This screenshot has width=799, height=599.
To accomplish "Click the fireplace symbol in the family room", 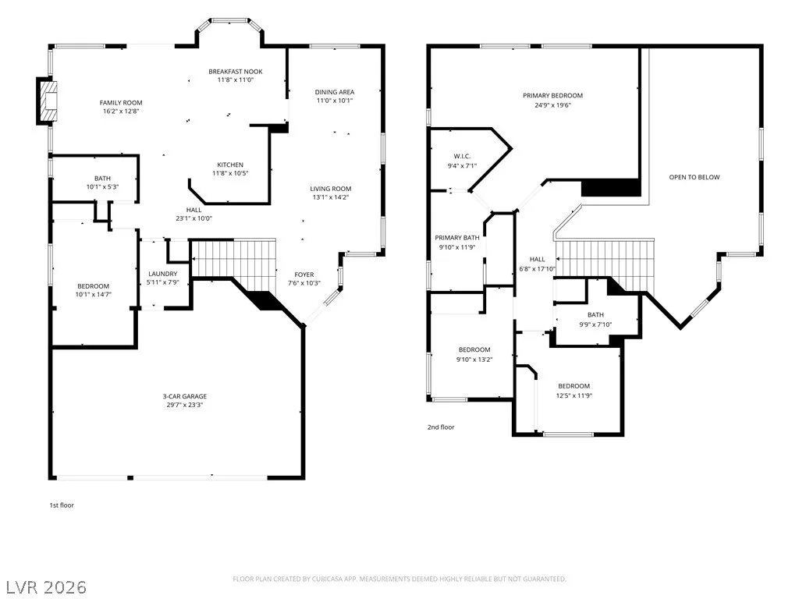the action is point(46,101).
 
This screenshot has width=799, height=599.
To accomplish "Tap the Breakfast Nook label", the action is point(236,72).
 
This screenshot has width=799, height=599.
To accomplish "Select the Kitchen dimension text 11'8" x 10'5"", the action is point(230,173).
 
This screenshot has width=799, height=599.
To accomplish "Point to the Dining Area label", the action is point(334,92).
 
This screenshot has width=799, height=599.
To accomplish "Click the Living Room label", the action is point(331,189).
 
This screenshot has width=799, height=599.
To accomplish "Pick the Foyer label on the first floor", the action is point(304,275).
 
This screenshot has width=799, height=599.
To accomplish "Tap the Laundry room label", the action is point(163,274).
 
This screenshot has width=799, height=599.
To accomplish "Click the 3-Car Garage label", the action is point(185,396).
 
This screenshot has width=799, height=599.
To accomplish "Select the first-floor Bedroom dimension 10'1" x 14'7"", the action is point(94,294).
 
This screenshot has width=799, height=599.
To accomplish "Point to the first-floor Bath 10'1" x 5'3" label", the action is point(102,183).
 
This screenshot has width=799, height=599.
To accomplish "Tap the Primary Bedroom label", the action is point(553,96).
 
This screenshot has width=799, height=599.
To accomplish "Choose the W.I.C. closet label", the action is point(462,156).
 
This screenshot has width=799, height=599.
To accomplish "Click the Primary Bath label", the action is point(457,238).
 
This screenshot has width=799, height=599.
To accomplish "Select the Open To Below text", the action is point(694,177).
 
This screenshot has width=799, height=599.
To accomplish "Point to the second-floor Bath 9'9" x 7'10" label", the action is point(595,319).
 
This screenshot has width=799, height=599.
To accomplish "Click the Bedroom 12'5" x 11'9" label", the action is point(574,391).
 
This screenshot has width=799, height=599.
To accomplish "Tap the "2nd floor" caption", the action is point(441,427).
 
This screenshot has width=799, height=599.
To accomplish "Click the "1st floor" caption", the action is point(62,505).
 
